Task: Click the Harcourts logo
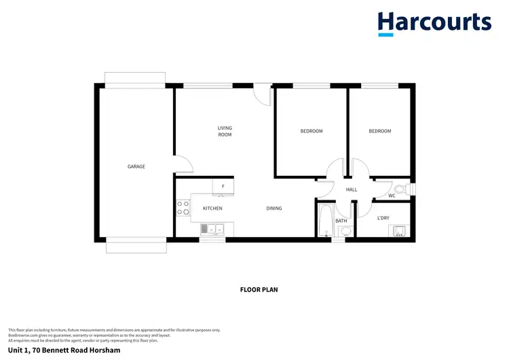(434, 23)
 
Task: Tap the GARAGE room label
(136, 166)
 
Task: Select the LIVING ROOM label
(225, 131)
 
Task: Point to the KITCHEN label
(212, 209)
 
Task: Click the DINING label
(274, 209)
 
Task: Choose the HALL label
(352, 190)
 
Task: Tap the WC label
(392, 196)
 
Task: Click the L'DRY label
(383, 218)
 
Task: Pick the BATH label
(341, 221)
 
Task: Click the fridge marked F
(223, 185)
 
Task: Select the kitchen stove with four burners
(183, 207)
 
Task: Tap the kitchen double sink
(212, 230)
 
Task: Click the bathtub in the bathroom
(325, 220)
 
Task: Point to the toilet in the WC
(400, 189)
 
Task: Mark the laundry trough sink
(398, 230)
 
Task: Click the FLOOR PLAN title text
(259, 289)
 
